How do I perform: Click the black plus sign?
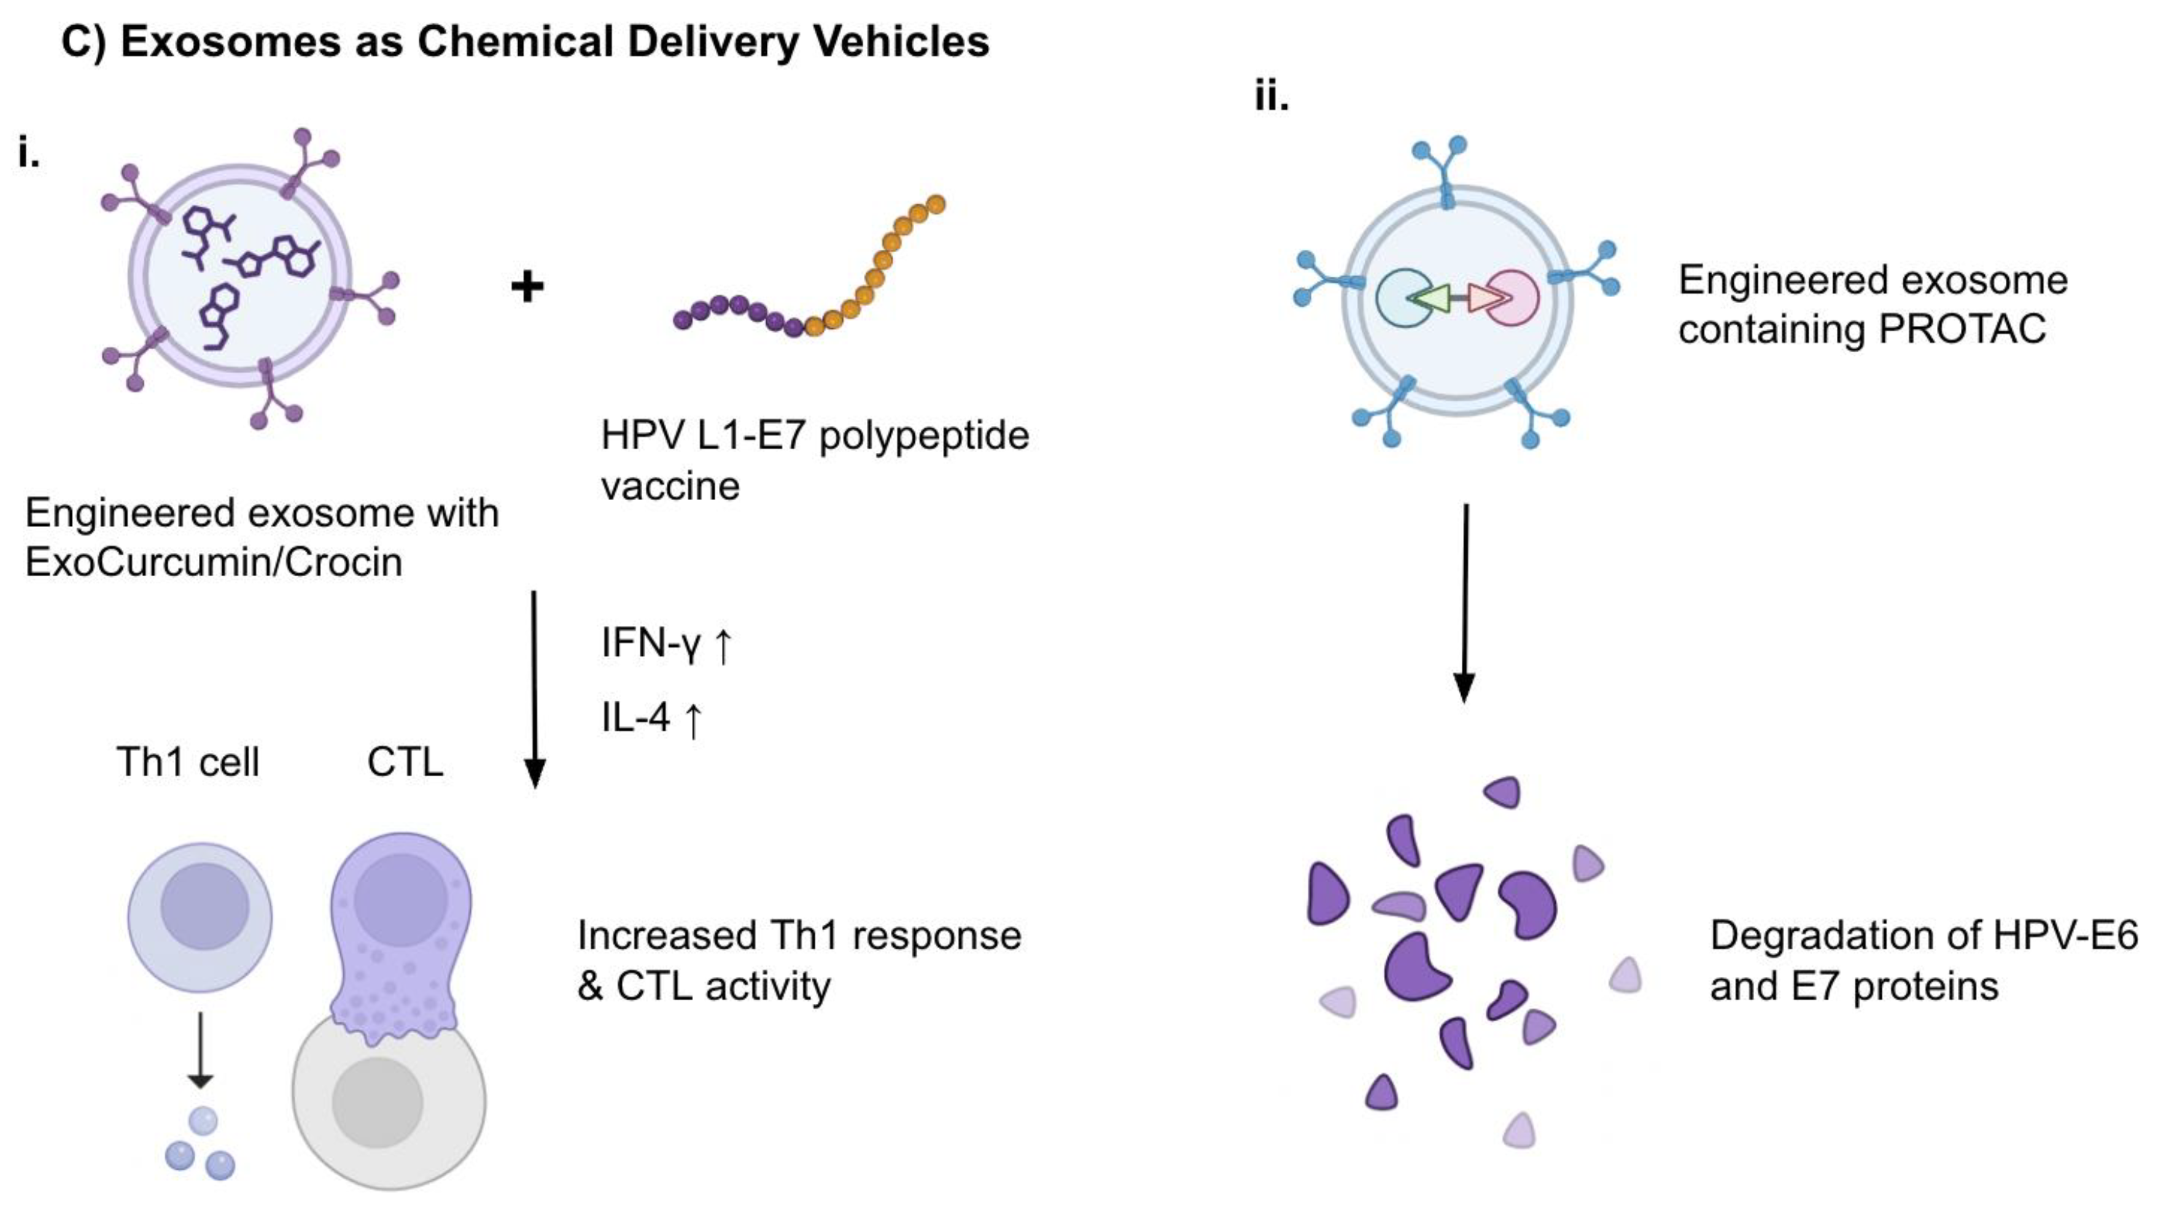click(x=527, y=287)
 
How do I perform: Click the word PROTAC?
click(x=1962, y=328)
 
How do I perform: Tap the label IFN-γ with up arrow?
click(x=666, y=644)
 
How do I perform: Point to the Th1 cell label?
click(x=188, y=762)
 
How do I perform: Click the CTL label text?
click(x=405, y=762)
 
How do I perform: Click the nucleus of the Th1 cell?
click(x=204, y=907)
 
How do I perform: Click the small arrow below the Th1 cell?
click(x=200, y=1051)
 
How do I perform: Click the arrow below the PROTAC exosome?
click(x=1464, y=603)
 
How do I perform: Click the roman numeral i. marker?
click(x=28, y=154)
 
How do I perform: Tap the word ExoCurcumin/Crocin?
click(x=214, y=562)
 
